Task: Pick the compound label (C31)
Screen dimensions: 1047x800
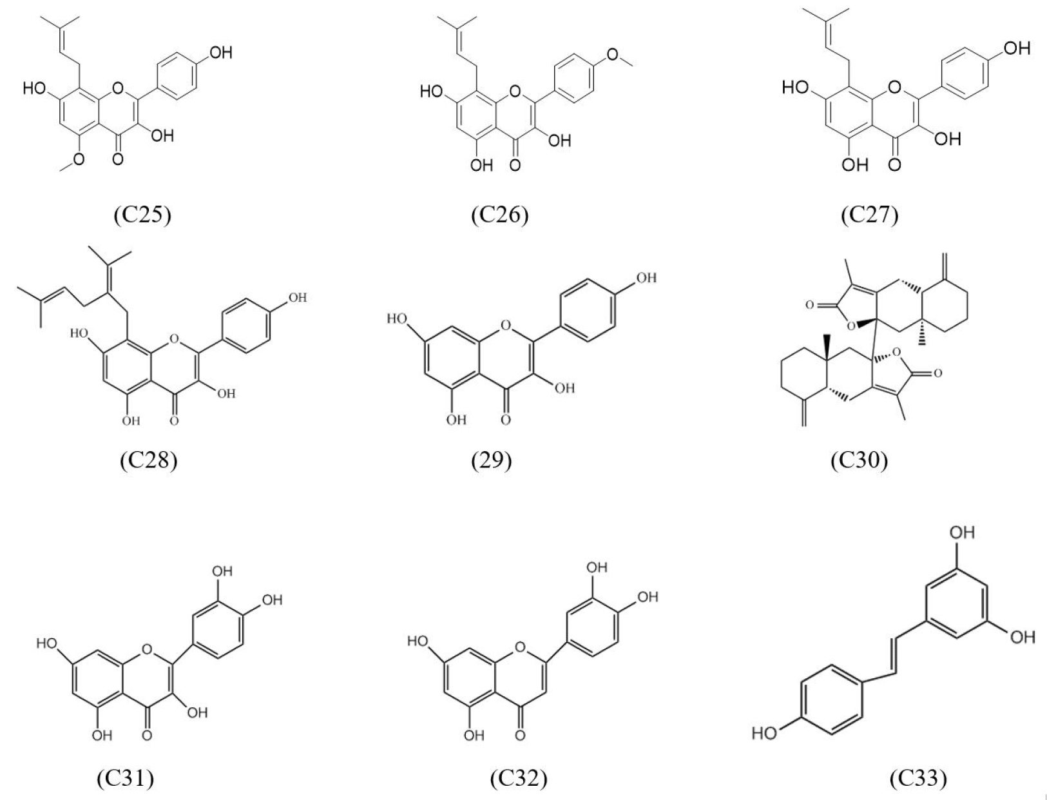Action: [x=126, y=778]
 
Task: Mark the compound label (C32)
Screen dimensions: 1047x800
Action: [x=519, y=778]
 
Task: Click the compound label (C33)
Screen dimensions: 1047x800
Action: [x=918, y=778]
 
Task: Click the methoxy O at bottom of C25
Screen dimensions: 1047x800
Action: [x=78, y=159]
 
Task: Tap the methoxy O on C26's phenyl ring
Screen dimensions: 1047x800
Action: [x=613, y=55]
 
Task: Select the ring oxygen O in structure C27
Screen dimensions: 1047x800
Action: [x=895, y=87]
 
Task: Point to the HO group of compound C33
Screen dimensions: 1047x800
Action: [x=765, y=733]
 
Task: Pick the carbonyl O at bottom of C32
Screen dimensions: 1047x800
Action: [x=520, y=735]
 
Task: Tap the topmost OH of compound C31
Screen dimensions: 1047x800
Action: [x=222, y=571]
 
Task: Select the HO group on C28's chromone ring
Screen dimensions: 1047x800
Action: [x=80, y=333]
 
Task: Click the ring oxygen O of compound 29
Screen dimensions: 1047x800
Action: [x=506, y=326]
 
